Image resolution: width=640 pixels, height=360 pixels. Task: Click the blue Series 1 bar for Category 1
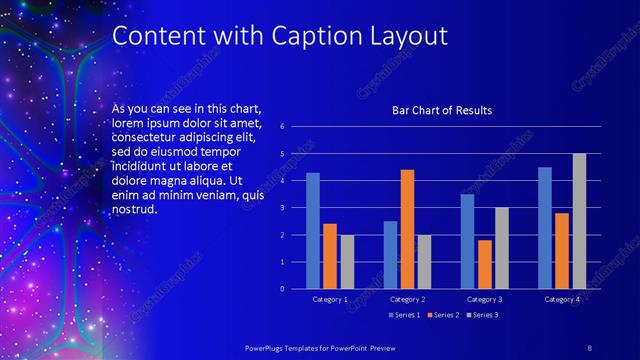click(313, 231)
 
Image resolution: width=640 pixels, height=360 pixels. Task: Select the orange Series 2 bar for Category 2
click(407, 229)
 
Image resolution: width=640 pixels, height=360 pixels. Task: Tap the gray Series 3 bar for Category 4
click(579, 221)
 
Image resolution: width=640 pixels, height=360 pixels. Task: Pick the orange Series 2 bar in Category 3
click(485, 264)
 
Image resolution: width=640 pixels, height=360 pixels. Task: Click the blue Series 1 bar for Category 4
click(545, 228)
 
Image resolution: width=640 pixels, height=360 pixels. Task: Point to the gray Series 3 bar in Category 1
click(347, 262)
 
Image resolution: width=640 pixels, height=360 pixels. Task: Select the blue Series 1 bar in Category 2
click(390, 255)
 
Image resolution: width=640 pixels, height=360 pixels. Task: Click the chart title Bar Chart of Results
click(441, 110)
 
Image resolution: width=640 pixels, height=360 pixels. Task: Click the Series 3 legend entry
click(481, 315)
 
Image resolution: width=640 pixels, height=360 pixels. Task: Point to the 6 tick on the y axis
click(283, 127)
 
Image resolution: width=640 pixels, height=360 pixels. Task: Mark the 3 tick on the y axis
click(283, 208)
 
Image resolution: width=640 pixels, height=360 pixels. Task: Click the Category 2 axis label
click(407, 299)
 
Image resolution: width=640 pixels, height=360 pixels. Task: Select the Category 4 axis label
click(561, 299)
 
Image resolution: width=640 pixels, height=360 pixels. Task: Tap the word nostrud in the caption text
click(134, 210)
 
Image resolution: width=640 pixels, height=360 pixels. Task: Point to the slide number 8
click(589, 345)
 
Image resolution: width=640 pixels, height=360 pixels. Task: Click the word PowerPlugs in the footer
click(269, 345)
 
